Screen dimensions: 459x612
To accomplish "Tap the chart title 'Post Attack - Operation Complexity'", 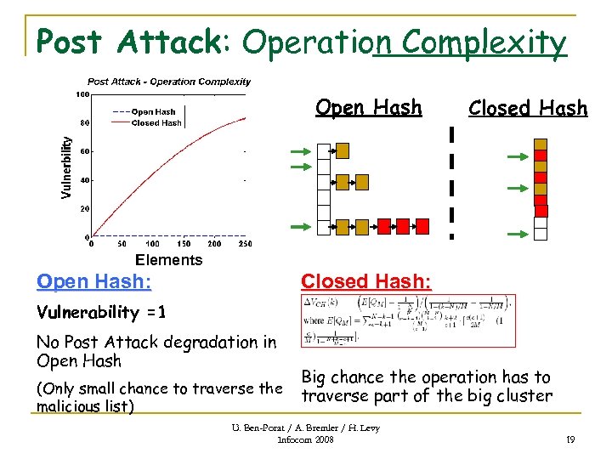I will click(169, 82).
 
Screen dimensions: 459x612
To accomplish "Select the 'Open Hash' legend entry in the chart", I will click(153, 111).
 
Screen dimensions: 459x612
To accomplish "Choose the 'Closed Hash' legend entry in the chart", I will click(156, 122).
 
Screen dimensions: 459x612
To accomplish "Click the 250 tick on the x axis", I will click(246, 243).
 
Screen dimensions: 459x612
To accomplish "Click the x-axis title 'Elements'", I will click(168, 260).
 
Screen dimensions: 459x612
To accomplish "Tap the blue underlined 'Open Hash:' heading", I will click(93, 281).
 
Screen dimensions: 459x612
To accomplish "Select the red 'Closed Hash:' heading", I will click(365, 281).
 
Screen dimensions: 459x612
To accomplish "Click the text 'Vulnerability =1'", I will click(101, 312).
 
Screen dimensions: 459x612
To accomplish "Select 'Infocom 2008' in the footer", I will click(306, 440).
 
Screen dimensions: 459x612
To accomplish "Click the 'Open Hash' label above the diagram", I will click(368, 107).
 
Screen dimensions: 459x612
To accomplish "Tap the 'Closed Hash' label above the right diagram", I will click(527, 108).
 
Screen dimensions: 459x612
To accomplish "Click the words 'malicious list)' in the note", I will click(85, 406).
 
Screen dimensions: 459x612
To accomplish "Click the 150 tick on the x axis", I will click(184, 243).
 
